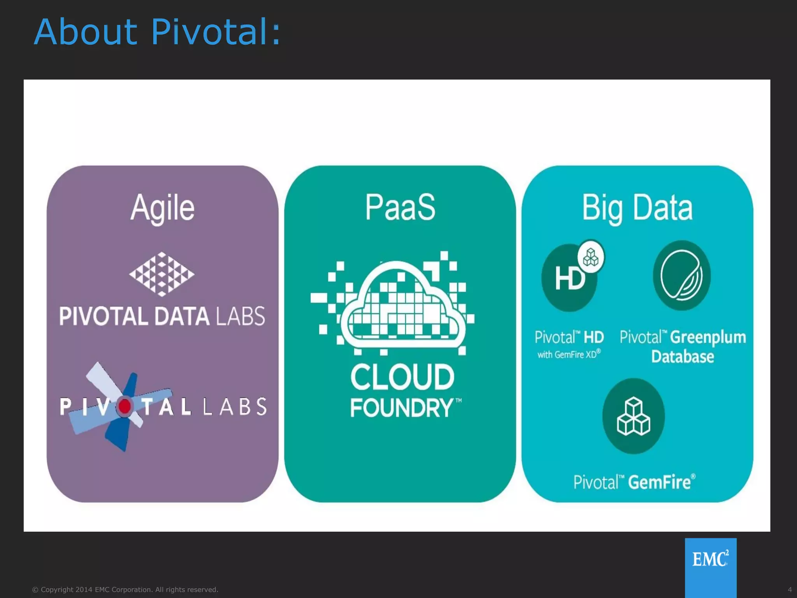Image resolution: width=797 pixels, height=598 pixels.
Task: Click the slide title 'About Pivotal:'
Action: point(157,32)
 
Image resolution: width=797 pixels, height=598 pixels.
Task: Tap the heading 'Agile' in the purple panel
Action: point(162,208)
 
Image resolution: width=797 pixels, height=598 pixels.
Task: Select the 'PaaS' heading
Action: point(400,207)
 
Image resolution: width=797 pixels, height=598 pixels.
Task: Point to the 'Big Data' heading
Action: point(637,208)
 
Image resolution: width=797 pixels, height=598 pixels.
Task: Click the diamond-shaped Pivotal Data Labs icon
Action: point(162,274)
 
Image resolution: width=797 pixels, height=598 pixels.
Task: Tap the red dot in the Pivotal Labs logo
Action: point(125,406)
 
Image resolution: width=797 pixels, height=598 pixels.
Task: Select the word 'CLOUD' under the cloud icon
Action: point(402,377)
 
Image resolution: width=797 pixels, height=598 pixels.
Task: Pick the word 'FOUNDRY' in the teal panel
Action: point(402,408)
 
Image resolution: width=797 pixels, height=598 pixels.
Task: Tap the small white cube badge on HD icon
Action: point(591,257)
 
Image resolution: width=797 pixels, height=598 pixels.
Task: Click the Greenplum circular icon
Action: point(682,276)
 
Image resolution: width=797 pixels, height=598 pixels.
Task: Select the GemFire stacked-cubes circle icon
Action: point(633,416)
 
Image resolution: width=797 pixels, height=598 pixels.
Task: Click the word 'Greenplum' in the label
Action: point(708,337)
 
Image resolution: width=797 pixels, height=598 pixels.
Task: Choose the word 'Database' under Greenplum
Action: point(683,357)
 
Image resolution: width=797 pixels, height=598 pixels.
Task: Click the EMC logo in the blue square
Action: point(711,559)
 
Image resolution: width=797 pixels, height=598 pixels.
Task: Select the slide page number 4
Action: point(790,589)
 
